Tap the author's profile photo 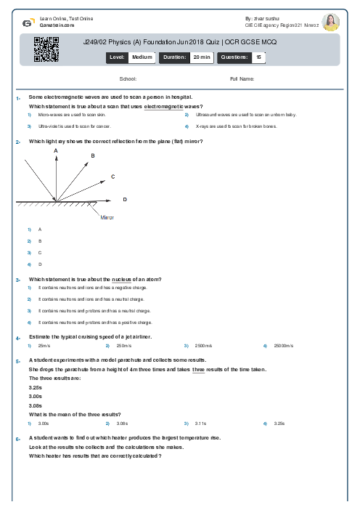click(330, 23)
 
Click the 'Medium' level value click(142, 56)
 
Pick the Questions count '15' click(259, 56)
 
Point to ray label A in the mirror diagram click(56, 150)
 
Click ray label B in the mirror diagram click(93, 155)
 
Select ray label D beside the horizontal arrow click(125, 198)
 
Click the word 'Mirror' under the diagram click(107, 217)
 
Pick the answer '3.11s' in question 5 click(201, 423)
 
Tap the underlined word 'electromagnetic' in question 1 click(163, 107)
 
